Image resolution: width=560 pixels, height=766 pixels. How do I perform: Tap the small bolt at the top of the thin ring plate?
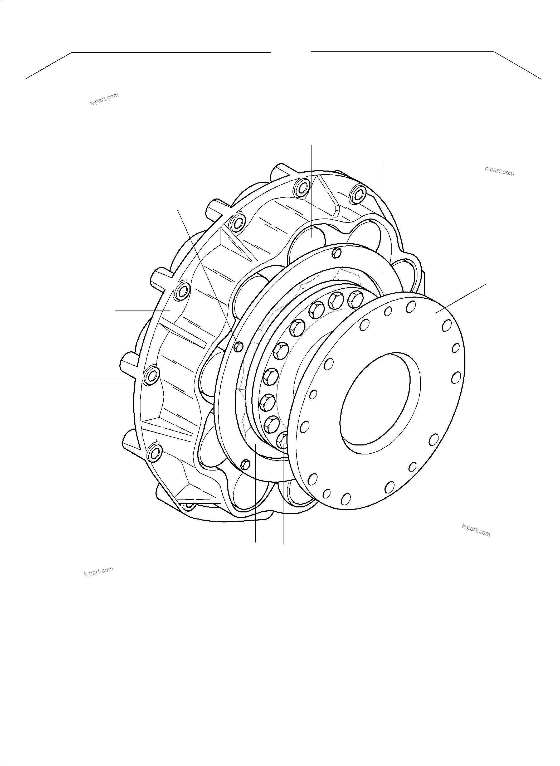[336, 252]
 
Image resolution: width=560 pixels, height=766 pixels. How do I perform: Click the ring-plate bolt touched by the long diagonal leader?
[239, 346]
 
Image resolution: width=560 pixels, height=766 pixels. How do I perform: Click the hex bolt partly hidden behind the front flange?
[283, 441]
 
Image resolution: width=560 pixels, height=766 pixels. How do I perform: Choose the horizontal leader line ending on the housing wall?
[142, 310]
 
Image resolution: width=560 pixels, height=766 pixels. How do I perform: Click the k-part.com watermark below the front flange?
[476, 530]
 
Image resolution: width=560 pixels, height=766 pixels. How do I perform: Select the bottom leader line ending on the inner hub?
[256, 495]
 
